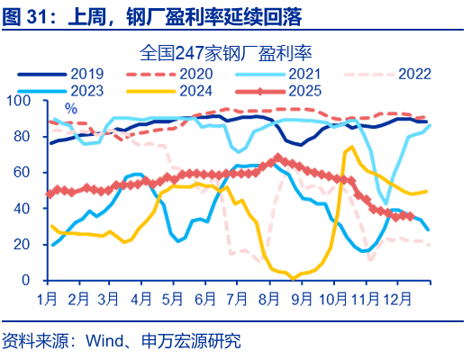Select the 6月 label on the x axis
[x=205, y=297]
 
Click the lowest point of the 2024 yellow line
[x=293, y=278]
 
